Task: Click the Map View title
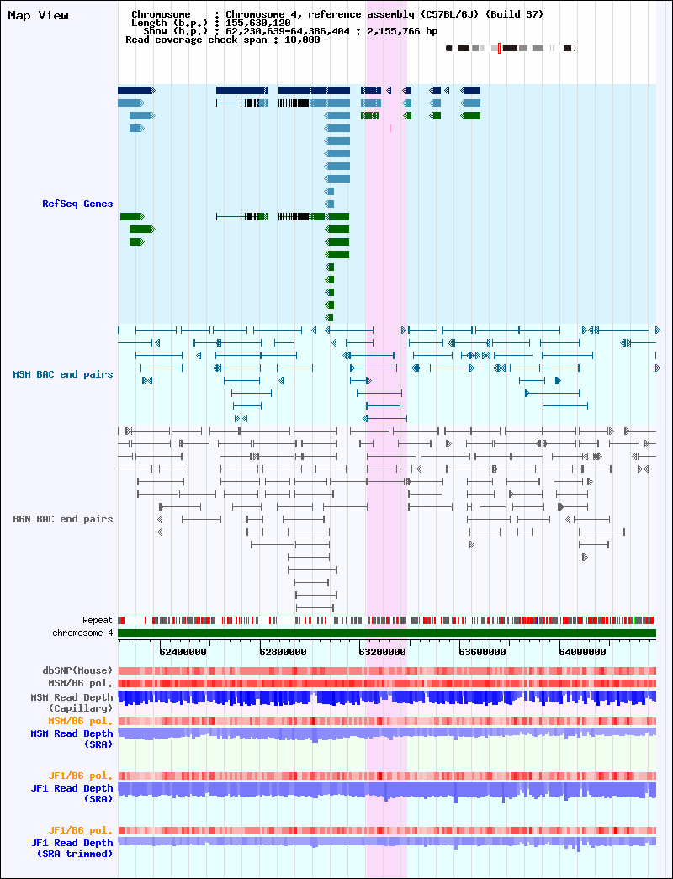click(38, 16)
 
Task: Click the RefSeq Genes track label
click(77, 204)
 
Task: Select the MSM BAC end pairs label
click(63, 374)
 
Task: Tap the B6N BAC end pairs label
click(63, 519)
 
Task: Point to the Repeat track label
click(98, 621)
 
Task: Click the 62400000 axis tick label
click(183, 652)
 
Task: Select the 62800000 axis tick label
click(284, 652)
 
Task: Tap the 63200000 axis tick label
click(383, 652)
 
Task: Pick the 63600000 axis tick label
click(482, 652)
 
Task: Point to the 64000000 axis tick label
click(582, 652)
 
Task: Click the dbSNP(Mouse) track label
click(77, 670)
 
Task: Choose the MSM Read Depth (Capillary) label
click(72, 703)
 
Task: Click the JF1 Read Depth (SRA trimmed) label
click(72, 848)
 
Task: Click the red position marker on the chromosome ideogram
click(499, 48)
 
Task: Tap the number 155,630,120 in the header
click(258, 23)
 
